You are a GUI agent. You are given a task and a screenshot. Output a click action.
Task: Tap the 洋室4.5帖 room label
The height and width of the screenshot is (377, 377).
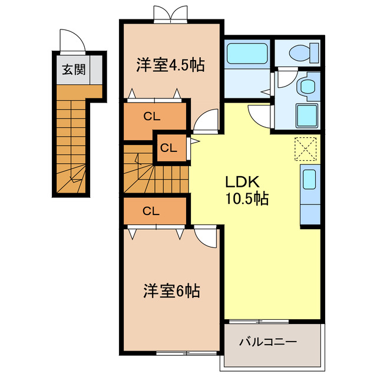(171, 65)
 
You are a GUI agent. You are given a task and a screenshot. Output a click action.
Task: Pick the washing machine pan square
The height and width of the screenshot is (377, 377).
(306, 115)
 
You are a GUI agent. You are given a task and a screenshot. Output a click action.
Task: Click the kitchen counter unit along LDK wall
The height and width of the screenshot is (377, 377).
(309, 194)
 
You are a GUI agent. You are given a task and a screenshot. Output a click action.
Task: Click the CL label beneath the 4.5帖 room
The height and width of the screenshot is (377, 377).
(151, 117)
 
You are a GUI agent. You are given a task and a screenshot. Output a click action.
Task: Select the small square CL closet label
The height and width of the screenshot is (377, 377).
(168, 148)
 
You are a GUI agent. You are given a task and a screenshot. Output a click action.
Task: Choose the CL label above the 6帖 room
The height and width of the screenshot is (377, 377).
(151, 211)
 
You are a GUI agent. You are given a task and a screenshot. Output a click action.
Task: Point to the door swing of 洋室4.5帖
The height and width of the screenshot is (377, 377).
(204, 121)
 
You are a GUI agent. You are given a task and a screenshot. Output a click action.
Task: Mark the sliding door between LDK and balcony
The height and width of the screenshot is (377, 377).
(256, 322)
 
